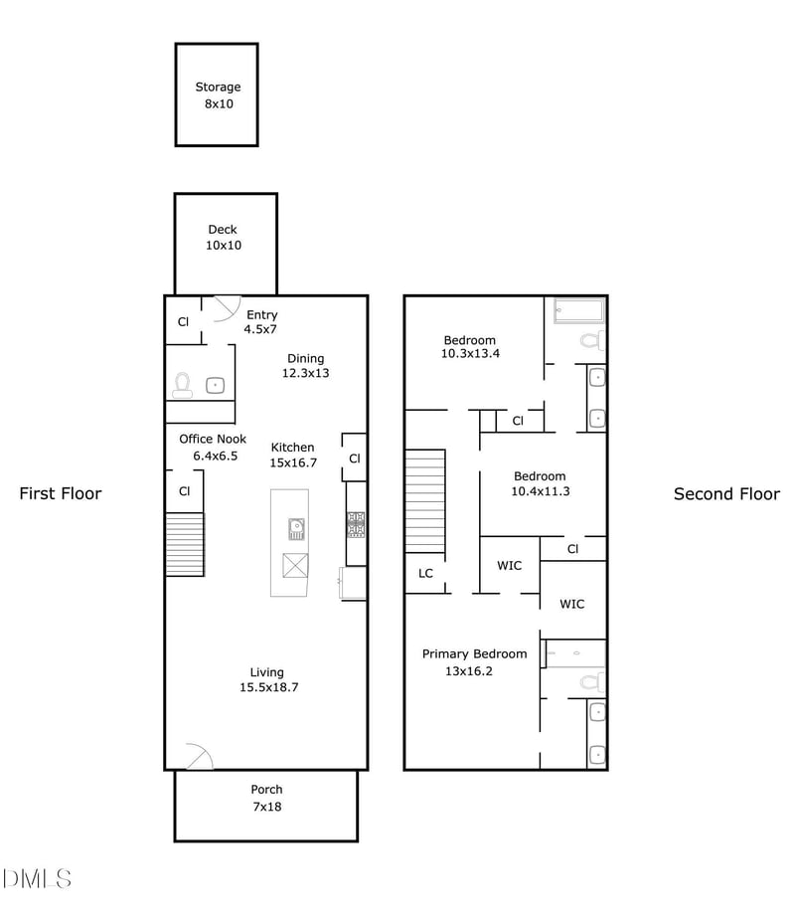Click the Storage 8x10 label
pyautogui.click(x=218, y=95)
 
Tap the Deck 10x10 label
pyautogui.click(x=223, y=237)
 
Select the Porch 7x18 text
pyautogui.click(x=265, y=798)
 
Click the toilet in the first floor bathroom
pyautogui.click(x=182, y=383)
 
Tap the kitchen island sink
pyautogui.click(x=296, y=527)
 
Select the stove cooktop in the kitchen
pyautogui.click(x=356, y=524)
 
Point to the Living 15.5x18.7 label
pyautogui.click(x=267, y=680)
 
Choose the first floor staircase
pyautogui.click(x=184, y=544)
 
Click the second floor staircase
pyautogui.click(x=424, y=501)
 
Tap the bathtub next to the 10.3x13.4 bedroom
pyautogui.click(x=578, y=310)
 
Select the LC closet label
pyautogui.click(x=425, y=573)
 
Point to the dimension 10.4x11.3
pyautogui.click(x=540, y=490)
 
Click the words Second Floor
pyautogui.click(x=726, y=494)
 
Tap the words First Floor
pyautogui.click(x=61, y=493)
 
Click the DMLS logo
pyautogui.click(x=37, y=878)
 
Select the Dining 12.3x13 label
pyautogui.click(x=305, y=366)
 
